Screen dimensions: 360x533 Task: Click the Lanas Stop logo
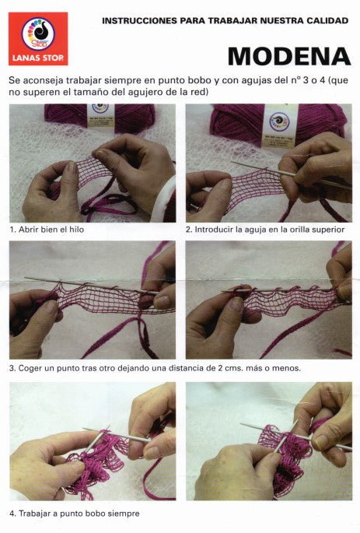[38, 38]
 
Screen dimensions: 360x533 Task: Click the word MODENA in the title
[289, 57]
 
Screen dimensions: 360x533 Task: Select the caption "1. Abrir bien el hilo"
[47, 230]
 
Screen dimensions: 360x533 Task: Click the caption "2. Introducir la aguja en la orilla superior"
[265, 230]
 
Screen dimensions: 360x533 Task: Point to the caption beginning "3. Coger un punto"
[155, 368]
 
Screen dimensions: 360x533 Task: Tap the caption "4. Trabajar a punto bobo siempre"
[75, 514]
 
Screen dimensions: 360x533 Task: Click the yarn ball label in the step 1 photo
[100, 115]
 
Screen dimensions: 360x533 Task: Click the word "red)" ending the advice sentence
[199, 92]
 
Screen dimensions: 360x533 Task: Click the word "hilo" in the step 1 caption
[76, 230]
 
